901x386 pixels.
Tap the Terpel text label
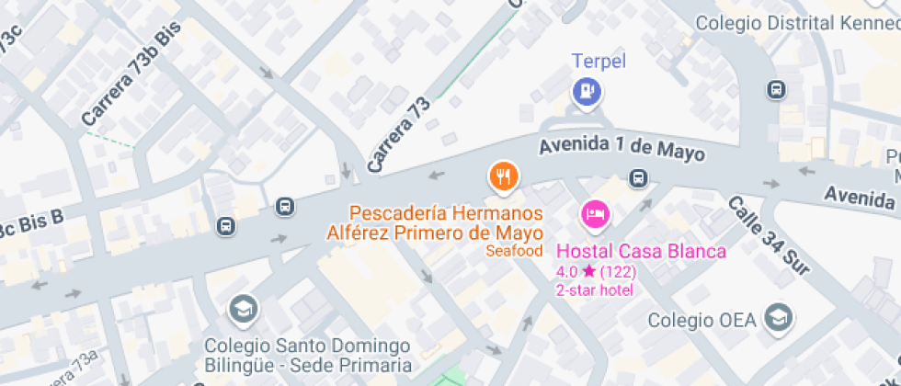pyautogui.click(x=599, y=62)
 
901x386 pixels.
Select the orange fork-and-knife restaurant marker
pyautogui.click(x=503, y=176)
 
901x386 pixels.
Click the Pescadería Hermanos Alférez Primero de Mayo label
pyautogui.click(x=434, y=223)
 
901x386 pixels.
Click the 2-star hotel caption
pyautogui.click(x=594, y=289)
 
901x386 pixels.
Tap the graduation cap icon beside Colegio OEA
pyautogui.click(x=779, y=318)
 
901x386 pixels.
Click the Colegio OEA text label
pyautogui.click(x=701, y=320)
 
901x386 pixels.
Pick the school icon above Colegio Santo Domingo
pyautogui.click(x=244, y=309)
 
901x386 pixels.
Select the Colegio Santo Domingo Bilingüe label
pyautogui.click(x=306, y=356)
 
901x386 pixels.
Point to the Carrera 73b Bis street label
pyautogui.click(x=131, y=74)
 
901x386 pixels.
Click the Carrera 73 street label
pyautogui.click(x=398, y=135)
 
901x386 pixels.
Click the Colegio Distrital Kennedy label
pyautogui.click(x=797, y=23)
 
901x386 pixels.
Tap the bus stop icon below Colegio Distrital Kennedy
pyautogui.click(x=777, y=90)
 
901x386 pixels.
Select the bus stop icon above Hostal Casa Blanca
pyautogui.click(x=637, y=178)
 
